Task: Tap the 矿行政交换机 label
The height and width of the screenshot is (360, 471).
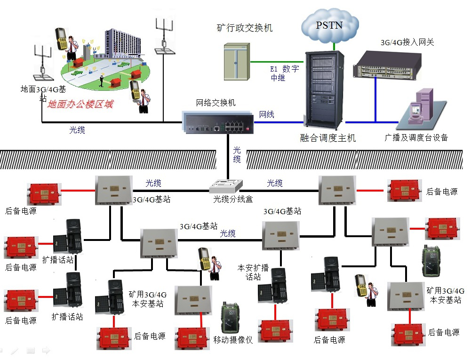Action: (244, 28)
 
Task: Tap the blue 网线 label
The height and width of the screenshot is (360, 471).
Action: (267, 114)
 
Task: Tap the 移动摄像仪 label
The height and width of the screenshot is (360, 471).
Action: (233, 339)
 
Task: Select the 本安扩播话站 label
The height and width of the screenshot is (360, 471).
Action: (253, 272)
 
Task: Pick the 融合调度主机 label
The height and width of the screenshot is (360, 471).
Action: (327, 138)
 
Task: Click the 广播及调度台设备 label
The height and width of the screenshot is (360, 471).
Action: (416, 138)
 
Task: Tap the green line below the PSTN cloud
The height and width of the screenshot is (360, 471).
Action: (334, 46)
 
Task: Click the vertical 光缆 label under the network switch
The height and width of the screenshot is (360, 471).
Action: (237, 155)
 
